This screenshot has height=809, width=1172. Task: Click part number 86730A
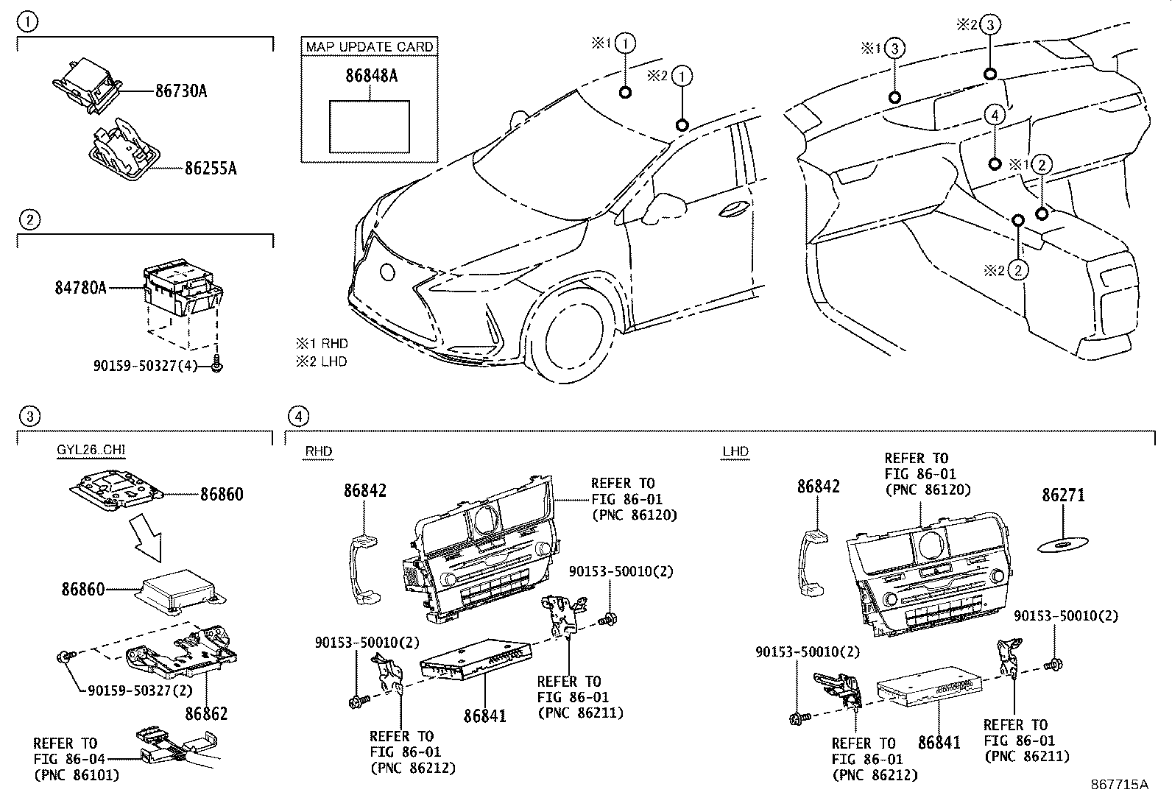click(x=180, y=91)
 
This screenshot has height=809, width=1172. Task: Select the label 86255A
click(x=210, y=169)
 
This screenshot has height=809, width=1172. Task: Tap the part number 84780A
click(x=80, y=287)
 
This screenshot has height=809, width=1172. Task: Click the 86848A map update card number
click(x=371, y=75)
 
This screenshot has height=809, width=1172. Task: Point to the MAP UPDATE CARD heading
click(x=370, y=46)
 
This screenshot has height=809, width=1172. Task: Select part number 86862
click(x=206, y=713)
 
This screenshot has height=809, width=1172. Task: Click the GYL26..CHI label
click(x=86, y=451)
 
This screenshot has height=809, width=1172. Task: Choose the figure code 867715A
click(x=1119, y=785)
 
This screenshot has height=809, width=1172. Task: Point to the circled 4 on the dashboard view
click(x=994, y=116)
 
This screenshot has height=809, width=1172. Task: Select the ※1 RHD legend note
click(x=322, y=344)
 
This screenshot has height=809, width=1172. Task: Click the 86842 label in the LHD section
click(x=818, y=487)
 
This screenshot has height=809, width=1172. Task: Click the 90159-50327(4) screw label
click(x=145, y=365)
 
